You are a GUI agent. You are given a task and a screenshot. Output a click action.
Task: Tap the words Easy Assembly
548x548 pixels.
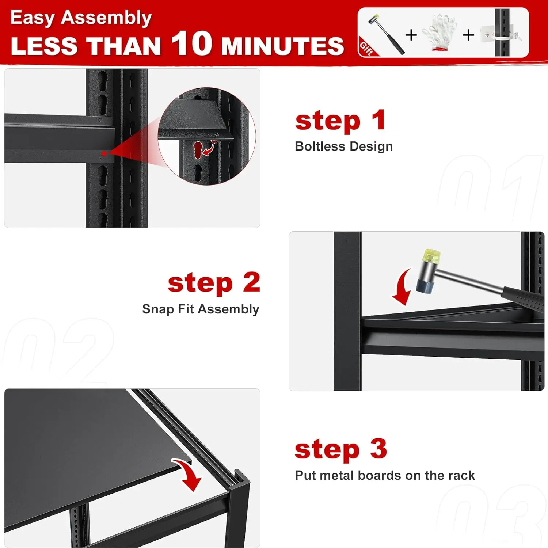click(81, 18)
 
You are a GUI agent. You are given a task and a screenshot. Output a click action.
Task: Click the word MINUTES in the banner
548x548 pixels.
click(282, 46)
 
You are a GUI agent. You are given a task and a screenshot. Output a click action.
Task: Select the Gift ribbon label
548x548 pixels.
click(366, 48)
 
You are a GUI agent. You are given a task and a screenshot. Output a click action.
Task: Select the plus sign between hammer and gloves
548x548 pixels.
click(411, 35)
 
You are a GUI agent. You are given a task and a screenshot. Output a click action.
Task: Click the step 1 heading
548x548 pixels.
click(340, 121)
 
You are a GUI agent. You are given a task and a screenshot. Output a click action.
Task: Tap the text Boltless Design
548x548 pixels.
click(343, 146)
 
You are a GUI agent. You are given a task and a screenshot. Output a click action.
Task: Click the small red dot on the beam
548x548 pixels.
click(104, 154)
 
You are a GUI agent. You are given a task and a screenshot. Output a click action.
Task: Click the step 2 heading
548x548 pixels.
click(214, 283)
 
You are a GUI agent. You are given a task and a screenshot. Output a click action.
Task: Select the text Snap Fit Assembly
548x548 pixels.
click(201, 309)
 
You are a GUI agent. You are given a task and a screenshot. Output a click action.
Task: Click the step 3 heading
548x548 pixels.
click(340, 449)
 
